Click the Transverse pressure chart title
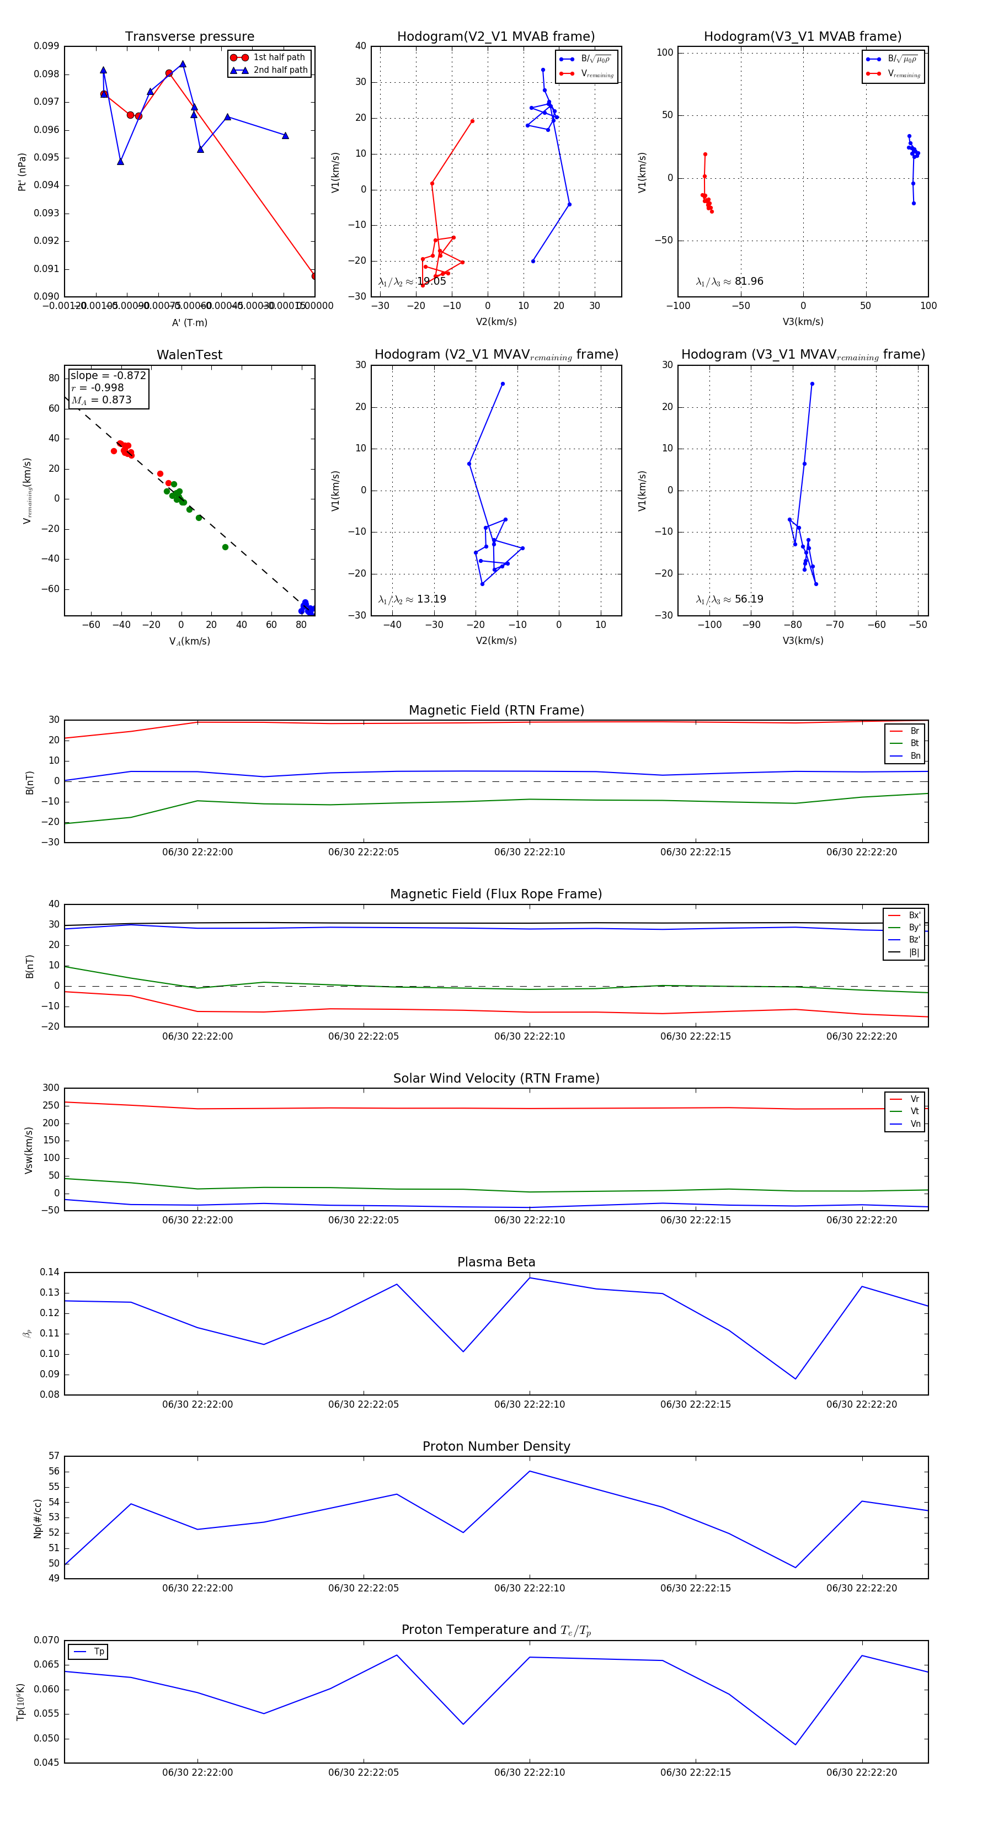click(189, 37)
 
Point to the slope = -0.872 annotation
click(108, 375)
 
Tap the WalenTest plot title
click(189, 355)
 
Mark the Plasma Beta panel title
click(496, 1262)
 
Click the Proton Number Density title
click(496, 1446)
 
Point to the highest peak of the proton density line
click(530, 1471)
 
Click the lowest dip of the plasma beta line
click(796, 1378)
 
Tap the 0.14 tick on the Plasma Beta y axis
click(50, 1272)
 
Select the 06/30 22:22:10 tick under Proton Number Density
click(530, 1588)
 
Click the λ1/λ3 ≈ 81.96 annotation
click(729, 281)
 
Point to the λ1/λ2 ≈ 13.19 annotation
click(412, 599)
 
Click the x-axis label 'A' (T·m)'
click(189, 322)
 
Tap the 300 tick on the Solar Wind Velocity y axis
click(51, 1088)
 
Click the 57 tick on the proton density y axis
click(54, 1456)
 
